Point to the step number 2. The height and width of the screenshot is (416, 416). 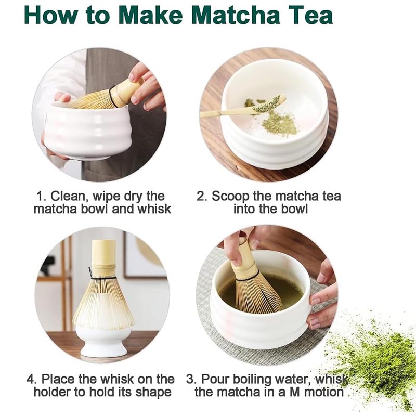click(201, 197)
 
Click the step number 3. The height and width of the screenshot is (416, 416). click(190, 379)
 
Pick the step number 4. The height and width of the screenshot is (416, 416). click(31, 379)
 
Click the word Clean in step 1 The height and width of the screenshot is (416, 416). click(69, 197)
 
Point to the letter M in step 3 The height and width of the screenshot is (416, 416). click(294, 393)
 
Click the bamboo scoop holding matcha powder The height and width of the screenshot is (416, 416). click(243, 108)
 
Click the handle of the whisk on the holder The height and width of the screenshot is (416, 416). click(103, 253)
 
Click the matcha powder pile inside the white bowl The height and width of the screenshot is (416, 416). click(279, 124)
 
